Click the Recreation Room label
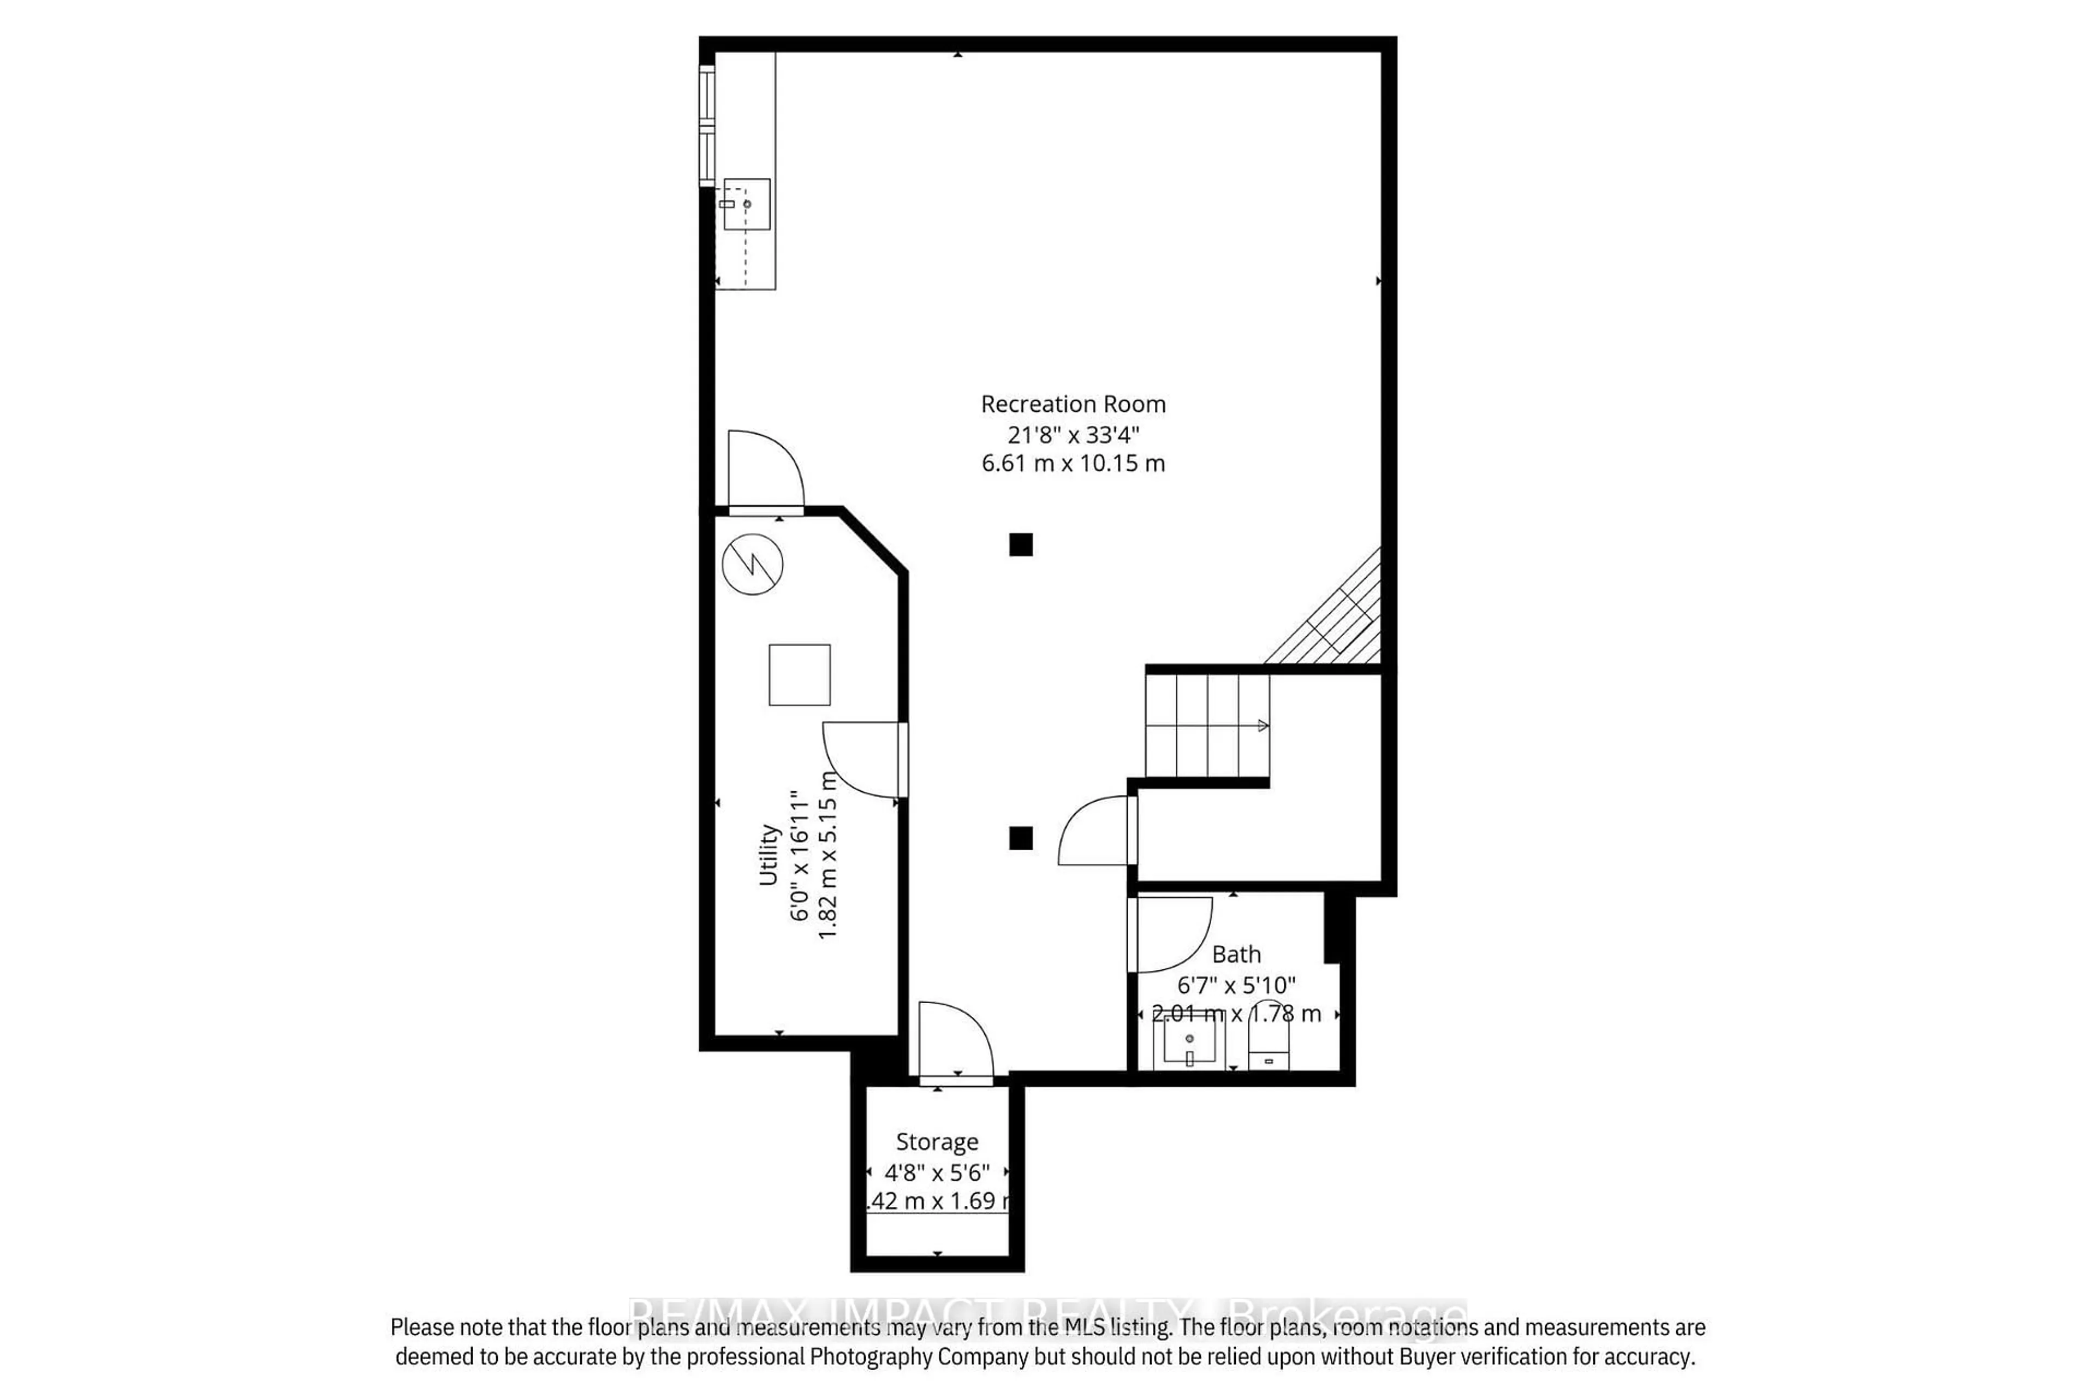(x=1073, y=404)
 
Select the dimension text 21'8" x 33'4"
(x=1073, y=434)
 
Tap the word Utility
(x=768, y=854)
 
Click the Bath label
(x=1236, y=954)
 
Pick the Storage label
(x=937, y=1141)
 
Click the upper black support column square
(x=1020, y=544)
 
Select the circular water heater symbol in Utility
(x=752, y=564)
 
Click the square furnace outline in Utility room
(x=799, y=675)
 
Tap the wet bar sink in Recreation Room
(x=746, y=204)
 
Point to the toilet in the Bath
(x=1268, y=1045)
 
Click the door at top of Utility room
(x=765, y=471)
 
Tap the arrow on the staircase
(x=1263, y=726)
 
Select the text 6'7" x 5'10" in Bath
(x=1236, y=984)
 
